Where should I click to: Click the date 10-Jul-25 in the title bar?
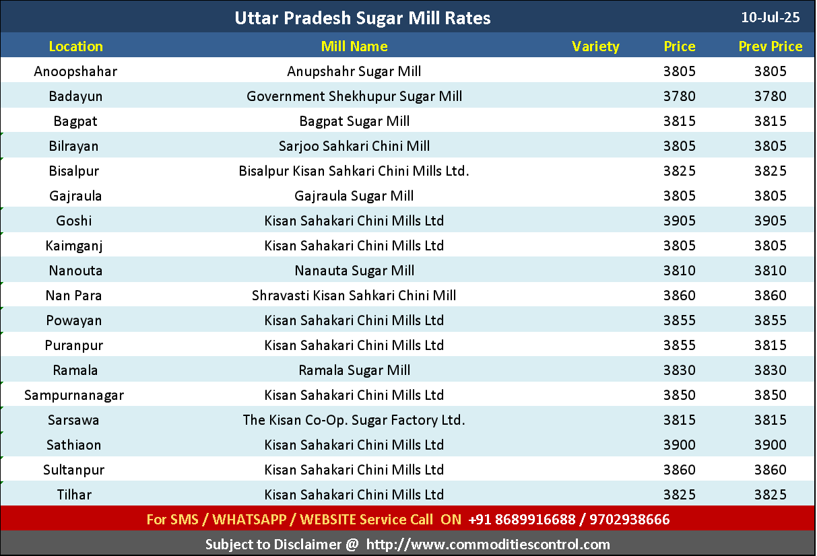pos(770,18)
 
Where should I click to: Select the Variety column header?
pos(595,46)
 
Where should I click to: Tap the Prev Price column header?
pos(770,46)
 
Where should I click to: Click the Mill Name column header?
pos(354,46)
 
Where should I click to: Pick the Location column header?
pos(76,46)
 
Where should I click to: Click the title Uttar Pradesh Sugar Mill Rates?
pos(362,18)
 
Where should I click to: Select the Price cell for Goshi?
pos(679,221)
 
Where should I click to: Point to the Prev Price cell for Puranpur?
pos(770,345)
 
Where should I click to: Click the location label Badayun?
pos(76,96)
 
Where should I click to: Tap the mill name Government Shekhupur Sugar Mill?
pos(354,96)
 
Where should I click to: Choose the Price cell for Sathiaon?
pos(679,445)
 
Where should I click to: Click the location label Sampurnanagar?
pos(74,395)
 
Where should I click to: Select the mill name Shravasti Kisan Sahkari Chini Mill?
pos(354,296)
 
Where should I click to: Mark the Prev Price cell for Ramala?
pos(770,370)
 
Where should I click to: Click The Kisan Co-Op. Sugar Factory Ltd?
pos(354,420)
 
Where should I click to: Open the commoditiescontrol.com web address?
pos(488,545)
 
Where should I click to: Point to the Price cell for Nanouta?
pos(679,271)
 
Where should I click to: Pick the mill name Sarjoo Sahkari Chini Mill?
pos(354,146)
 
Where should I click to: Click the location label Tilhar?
pos(74,495)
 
